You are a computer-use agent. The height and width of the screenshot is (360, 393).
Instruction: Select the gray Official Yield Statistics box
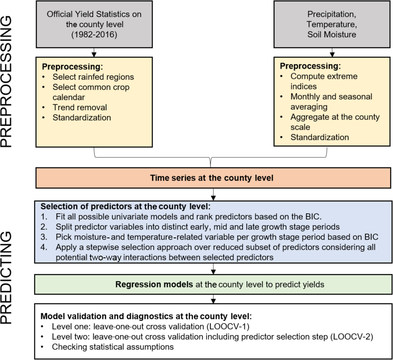click(x=94, y=24)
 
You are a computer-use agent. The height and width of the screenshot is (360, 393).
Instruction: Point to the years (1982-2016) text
click(x=94, y=34)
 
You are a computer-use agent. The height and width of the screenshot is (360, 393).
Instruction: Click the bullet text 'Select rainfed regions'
click(x=93, y=77)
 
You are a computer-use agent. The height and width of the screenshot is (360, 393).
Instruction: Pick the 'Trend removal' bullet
click(x=80, y=107)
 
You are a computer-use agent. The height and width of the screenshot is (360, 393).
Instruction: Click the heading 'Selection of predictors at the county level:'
click(x=128, y=207)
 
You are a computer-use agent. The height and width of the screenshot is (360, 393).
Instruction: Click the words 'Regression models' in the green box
click(x=154, y=284)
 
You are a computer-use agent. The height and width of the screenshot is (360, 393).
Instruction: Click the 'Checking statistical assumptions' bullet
click(x=113, y=347)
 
